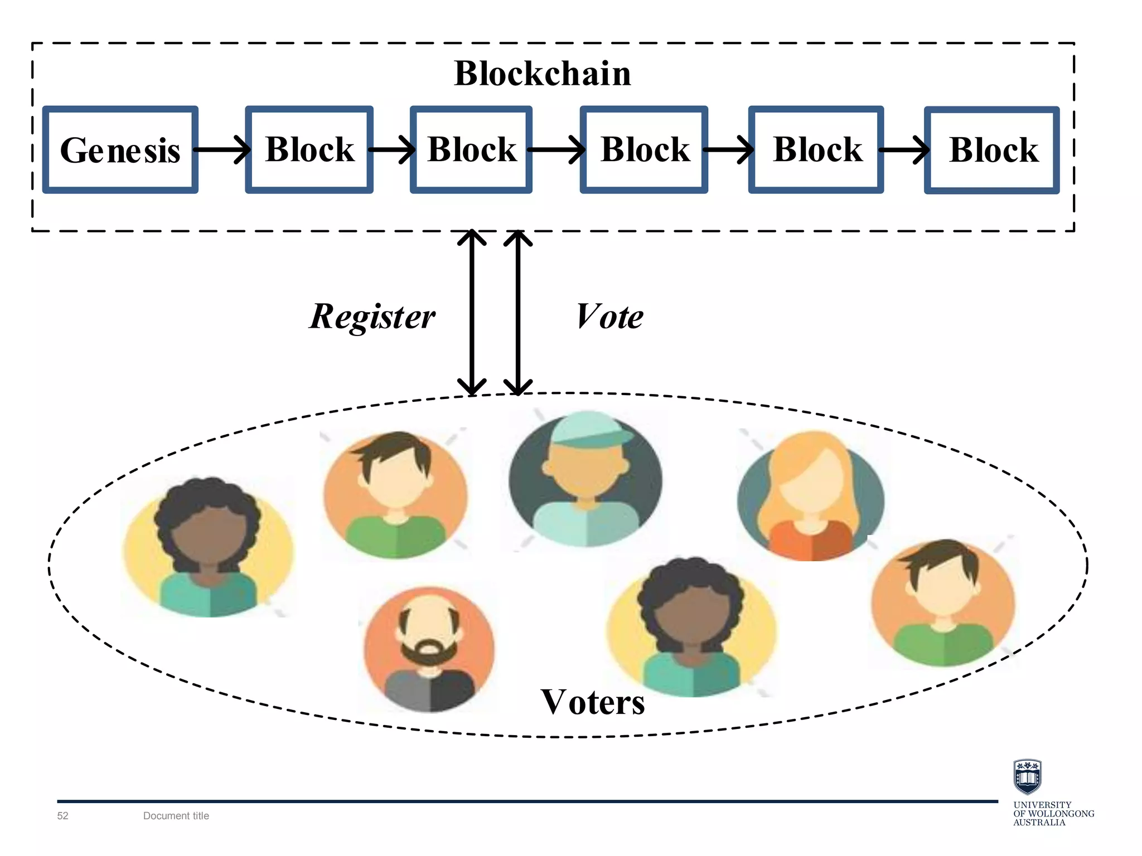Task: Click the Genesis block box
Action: click(x=120, y=150)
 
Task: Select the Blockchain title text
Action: click(x=542, y=74)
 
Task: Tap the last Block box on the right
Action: click(x=991, y=150)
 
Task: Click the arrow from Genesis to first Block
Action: click(x=222, y=149)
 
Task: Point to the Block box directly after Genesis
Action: click(x=309, y=150)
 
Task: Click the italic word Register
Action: click(x=372, y=317)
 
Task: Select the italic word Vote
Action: click(x=609, y=317)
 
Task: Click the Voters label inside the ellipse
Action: click(x=593, y=702)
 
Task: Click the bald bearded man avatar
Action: click(x=429, y=649)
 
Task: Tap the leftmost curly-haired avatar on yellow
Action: click(x=208, y=549)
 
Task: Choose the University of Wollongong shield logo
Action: click(x=1027, y=776)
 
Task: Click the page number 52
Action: click(x=62, y=816)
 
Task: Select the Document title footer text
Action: click(x=176, y=816)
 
